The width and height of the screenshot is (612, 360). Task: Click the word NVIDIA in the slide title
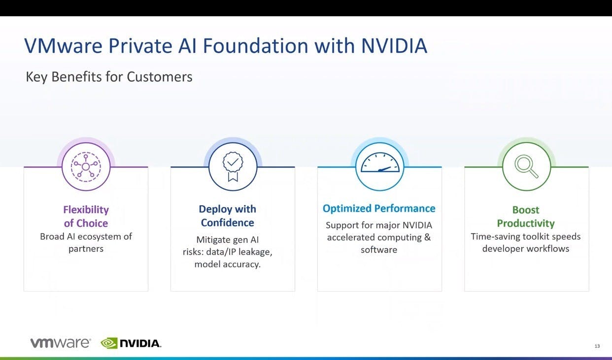tap(394, 46)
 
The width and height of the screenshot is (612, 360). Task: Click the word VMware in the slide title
tap(64, 46)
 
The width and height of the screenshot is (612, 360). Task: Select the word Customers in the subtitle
tap(160, 76)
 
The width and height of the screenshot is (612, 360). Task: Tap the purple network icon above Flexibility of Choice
tap(86, 167)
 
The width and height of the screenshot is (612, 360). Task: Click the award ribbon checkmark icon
tap(233, 167)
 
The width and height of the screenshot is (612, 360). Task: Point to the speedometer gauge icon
tap(380, 162)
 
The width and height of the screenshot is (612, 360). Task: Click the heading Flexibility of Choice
tap(86, 216)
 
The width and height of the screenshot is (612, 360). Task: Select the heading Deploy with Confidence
tap(227, 216)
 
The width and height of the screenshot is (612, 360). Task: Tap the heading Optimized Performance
tap(379, 209)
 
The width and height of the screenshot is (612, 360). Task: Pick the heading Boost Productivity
tap(526, 216)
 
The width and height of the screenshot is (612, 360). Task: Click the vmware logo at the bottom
tap(61, 343)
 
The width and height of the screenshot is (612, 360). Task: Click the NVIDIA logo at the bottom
tap(131, 343)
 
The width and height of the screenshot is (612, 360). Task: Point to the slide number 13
tap(597, 346)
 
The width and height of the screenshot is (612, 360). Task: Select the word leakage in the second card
tap(255, 252)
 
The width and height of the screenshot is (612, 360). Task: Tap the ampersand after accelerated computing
tap(427, 237)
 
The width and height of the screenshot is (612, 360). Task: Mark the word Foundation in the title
tap(255, 46)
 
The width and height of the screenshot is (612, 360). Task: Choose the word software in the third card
tap(379, 250)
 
